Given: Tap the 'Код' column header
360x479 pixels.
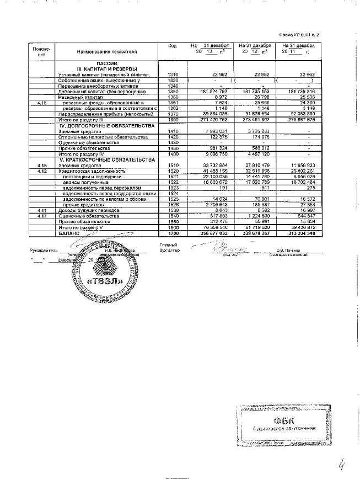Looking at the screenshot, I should (173, 45).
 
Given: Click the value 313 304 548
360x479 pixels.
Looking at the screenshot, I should (300, 233).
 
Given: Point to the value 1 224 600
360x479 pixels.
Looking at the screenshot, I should (257, 216).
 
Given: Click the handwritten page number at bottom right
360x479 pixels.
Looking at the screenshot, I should (342, 459).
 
